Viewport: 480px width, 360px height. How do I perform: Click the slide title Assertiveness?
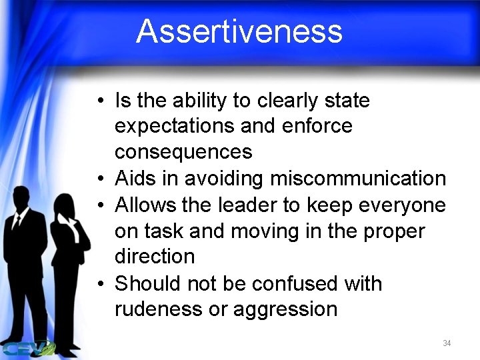pyautogui.click(x=239, y=31)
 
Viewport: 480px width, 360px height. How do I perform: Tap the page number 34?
pyautogui.click(x=447, y=343)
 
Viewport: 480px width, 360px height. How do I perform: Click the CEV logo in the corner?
pyautogui.click(x=27, y=348)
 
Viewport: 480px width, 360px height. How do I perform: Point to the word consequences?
pyautogui.click(x=183, y=152)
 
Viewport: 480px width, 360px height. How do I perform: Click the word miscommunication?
pyautogui.click(x=358, y=179)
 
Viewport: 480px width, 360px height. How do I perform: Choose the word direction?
pyautogui.click(x=155, y=257)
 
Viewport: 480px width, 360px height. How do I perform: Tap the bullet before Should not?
pyautogui.click(x=99, y=284)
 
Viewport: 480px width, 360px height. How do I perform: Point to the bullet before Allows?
pyautogui.click(x=99, y=205)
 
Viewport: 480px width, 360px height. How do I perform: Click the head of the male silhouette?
pyautogui.click(x=21, y=199)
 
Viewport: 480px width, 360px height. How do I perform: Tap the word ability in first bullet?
pyautogui.click(x=198, y=101)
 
